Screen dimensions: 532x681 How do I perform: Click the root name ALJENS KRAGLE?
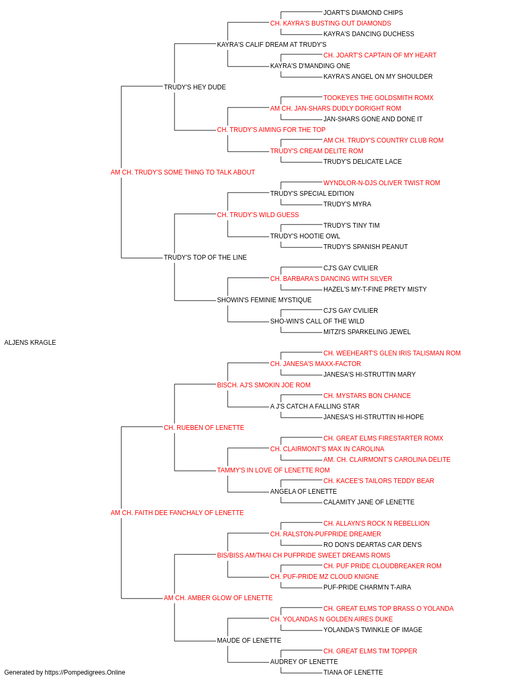[x=30, y=343]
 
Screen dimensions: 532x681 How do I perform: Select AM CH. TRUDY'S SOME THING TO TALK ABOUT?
[x=182, y=172]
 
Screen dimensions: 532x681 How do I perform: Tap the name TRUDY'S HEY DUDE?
[x=195, y=87]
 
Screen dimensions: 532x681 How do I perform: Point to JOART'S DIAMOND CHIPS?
[x=363, y=13]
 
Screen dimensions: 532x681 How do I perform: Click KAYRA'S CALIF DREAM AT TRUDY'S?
[x=272, y=45]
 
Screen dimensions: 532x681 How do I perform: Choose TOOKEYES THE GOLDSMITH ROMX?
[x=378, y=98]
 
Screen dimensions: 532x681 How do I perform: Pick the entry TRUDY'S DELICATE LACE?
[x=362, y=162]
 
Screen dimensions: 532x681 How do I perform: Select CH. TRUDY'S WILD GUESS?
[x=258, y=215]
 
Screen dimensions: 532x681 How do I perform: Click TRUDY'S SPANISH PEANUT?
[x=365, y=247]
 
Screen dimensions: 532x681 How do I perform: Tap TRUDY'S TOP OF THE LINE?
[x=205, y=258]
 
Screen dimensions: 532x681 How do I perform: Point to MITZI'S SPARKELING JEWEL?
[x=367, y=332]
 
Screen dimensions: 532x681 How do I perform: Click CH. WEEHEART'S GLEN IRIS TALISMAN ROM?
[x=392, y=353]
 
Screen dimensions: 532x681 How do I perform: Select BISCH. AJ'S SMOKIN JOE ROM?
[x=263, y=385]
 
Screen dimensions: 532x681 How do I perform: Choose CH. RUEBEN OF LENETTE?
[x=204, y=428]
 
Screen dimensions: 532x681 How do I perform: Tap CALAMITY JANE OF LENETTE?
[x=369, y=502]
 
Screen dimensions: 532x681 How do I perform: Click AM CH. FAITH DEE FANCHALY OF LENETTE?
[x=177, y=513]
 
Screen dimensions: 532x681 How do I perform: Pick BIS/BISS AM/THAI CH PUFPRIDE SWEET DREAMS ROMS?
[x=304, y=555]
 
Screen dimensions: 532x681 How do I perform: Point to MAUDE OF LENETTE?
[x=249, y=641]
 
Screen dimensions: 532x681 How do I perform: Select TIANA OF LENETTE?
[x=353, y=672]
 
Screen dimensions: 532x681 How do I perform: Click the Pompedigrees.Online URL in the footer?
[x=85, y=672]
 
